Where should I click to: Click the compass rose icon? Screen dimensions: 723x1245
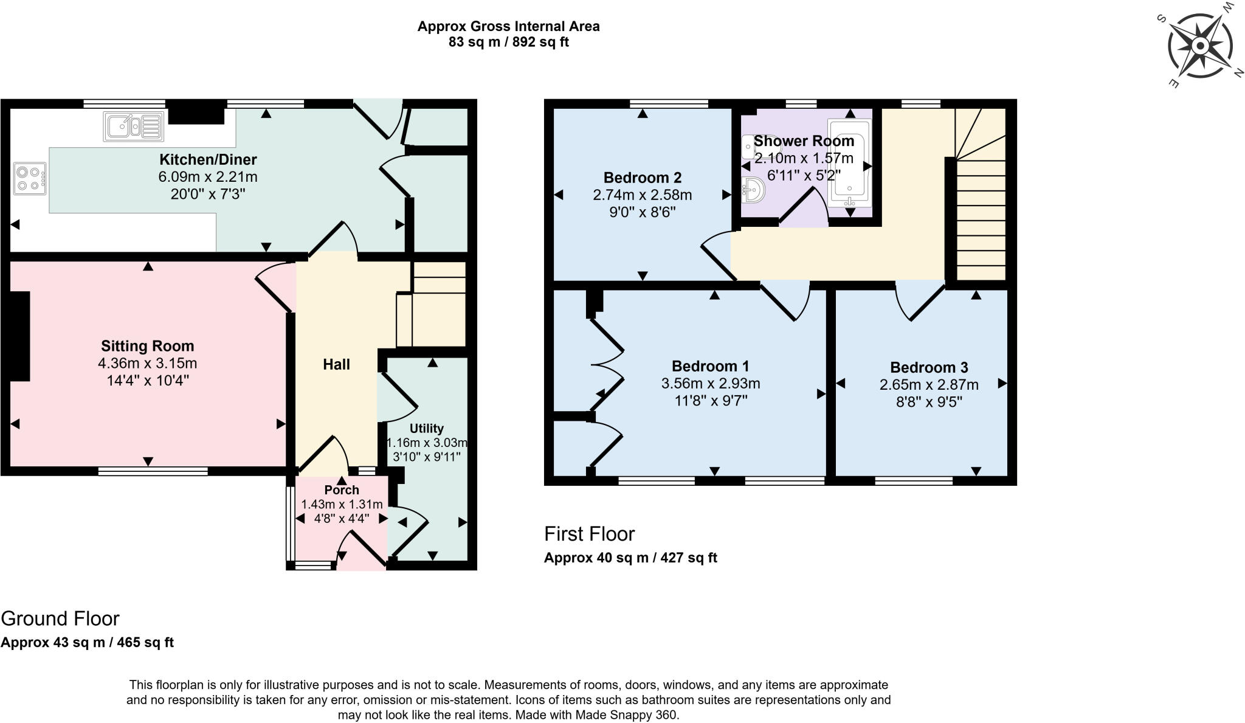click(1199, 46)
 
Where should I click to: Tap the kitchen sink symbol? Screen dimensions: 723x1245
click(133, 126)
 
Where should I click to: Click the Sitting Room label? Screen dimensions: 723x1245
click(147, 346)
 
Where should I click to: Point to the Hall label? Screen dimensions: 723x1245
click(336, 364)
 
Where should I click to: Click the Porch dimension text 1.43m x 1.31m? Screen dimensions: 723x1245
click(342, 504)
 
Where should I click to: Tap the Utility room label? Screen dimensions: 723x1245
click(426, 428)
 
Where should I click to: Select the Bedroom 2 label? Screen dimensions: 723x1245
click(642, 178)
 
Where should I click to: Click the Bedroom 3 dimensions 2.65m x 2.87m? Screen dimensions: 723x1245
click(928, 385)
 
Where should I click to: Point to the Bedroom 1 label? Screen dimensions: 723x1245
click(710, 366)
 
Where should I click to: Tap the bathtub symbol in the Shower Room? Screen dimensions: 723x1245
click(849, 163)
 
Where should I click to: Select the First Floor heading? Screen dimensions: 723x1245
click(589, 534)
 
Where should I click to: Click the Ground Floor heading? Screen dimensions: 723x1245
click(60, 618)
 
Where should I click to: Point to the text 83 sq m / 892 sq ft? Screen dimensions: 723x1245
click(508, 43)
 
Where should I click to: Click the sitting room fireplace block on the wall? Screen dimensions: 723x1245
click(19, 336)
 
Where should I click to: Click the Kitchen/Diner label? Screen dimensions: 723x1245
click(208, 159)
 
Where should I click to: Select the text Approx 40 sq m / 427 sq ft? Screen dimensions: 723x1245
click(630, 558)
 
